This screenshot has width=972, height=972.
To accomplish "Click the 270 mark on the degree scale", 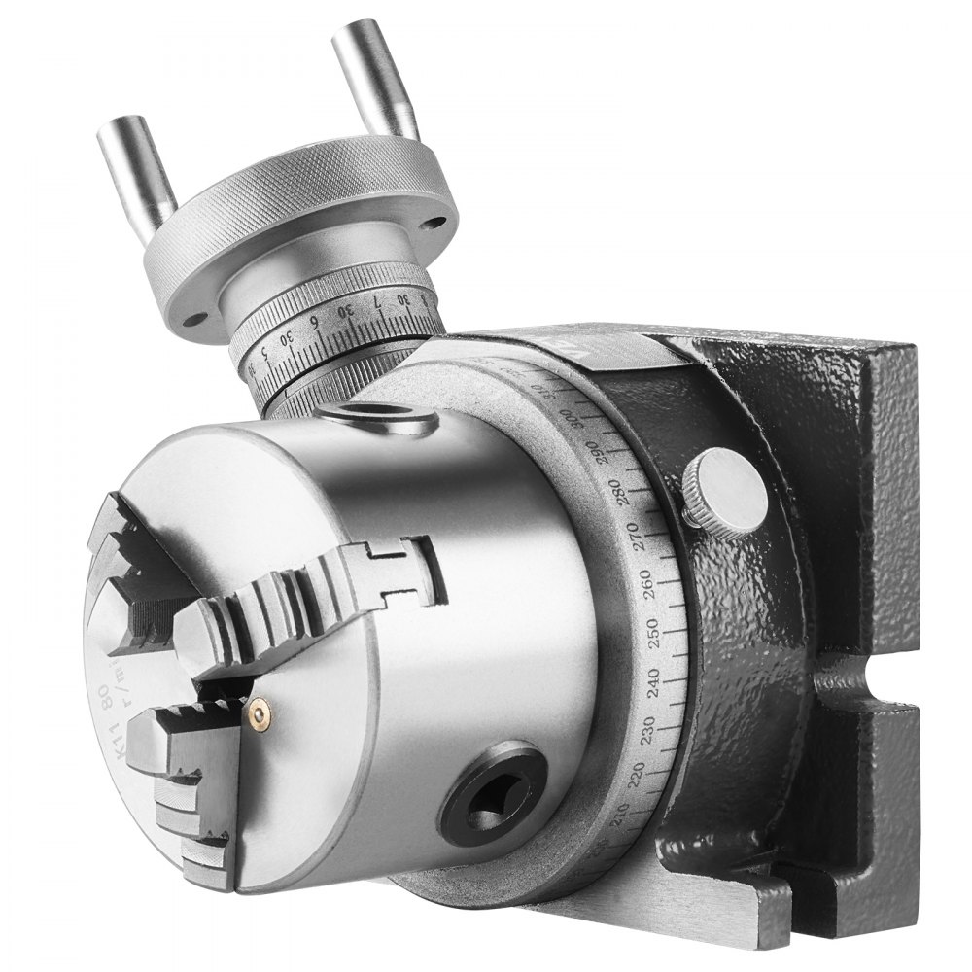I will [x=642, y=534].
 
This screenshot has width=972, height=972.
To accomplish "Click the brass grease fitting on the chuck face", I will [x=259, y=715].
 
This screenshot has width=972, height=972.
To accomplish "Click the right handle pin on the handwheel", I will [x=374, y=78].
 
